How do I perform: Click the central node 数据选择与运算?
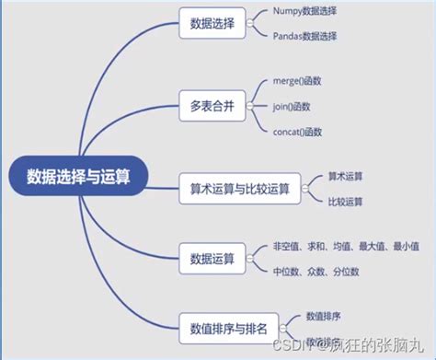click(78, 177)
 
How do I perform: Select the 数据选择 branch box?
click(211, 25)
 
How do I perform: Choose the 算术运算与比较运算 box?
click(239, 189)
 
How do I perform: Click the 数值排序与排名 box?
click(229, 327)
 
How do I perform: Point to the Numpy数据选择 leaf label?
click(304, 13)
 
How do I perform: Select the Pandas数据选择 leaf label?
click(305, 37)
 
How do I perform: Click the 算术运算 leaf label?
click(345, 176)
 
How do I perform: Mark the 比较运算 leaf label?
click(345, 201)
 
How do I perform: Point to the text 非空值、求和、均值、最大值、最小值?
click(345, 247)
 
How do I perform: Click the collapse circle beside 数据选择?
click(250, 25)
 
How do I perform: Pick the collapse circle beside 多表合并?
click(250, 105)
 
